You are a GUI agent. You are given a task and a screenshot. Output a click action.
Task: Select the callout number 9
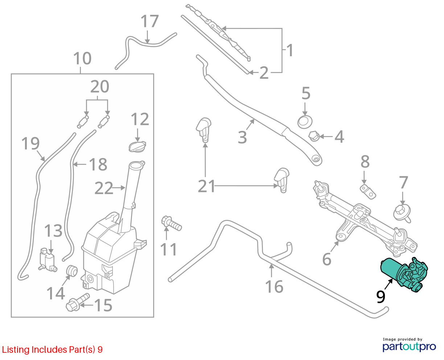tap(381, 297)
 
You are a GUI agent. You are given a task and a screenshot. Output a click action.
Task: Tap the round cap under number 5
tap(305, 122)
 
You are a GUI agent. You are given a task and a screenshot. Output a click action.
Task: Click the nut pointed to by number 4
tap(314, 136)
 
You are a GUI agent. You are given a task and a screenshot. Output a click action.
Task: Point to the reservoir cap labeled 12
tap(137, 146)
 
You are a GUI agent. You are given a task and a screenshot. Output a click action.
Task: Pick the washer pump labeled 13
tap(48, 260)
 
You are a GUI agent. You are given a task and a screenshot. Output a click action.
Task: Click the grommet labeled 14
tap(72, 271)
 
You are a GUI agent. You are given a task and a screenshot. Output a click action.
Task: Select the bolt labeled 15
tap(78, 302)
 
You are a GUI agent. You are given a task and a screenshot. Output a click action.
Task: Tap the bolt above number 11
tap(171, 224)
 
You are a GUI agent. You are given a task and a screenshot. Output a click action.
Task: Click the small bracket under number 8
tap(368, 192)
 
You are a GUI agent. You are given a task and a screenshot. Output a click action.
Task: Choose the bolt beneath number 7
tap(402, 213)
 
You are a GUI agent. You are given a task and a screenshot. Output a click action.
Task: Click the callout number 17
tap(150, 21)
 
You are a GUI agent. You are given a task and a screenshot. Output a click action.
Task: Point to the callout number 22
tap(104, 188)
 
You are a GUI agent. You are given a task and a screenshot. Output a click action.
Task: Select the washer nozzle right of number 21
tap(282, 180)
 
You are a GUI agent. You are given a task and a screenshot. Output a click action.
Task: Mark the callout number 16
tap(274, 286)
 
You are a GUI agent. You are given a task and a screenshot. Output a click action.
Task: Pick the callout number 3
tap(242, 137)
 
